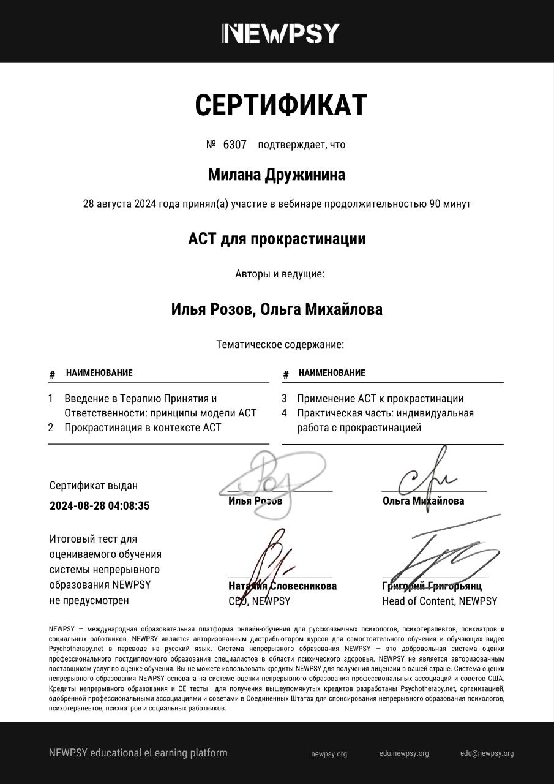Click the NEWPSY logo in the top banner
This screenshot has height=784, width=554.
tap(280, 33)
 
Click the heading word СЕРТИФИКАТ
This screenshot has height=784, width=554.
tap(280, 105)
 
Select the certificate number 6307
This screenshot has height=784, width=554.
tap(234, 145)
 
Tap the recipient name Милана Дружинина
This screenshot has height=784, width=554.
tap(277, 175)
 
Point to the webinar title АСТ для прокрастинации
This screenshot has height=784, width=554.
tap(277, 239)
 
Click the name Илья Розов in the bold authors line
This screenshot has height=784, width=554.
tap(211, 309)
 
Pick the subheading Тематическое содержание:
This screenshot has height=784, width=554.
tap(280, 345)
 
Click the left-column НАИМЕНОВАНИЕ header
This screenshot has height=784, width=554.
tap(99, 373)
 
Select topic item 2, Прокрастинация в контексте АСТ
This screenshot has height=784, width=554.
tap(143, 428)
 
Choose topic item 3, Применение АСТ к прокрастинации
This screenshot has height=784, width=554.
tap(380, 399)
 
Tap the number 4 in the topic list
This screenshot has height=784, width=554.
tap(285, 413)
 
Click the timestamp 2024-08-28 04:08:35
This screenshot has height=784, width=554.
tap(99, 506)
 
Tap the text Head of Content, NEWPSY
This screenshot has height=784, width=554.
tap(440, 601)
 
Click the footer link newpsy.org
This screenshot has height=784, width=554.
tap(329, 754)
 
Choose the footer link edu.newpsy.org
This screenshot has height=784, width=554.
tap(404, 753)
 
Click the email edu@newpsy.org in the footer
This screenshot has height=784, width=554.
tap(487, 753)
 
